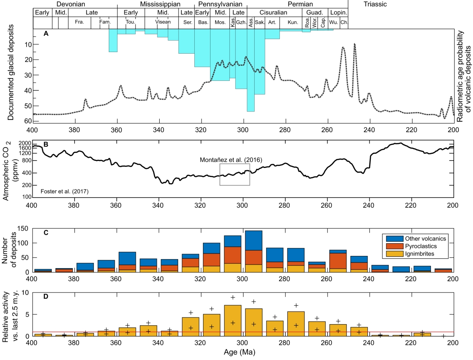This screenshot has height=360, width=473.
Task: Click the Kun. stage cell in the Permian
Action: click(293, 22)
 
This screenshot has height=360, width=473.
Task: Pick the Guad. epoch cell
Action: click(315, 13)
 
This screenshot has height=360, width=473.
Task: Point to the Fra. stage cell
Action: click(79, 22)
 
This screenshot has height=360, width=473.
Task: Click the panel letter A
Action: click(46, 34)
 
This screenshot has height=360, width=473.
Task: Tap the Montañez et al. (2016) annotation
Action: click(231, 159)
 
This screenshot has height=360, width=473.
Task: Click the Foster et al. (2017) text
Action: click(65, 192)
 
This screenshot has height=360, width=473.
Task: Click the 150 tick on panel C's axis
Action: click(25, 229)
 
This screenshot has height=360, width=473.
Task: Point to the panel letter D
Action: click(46, 297)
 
